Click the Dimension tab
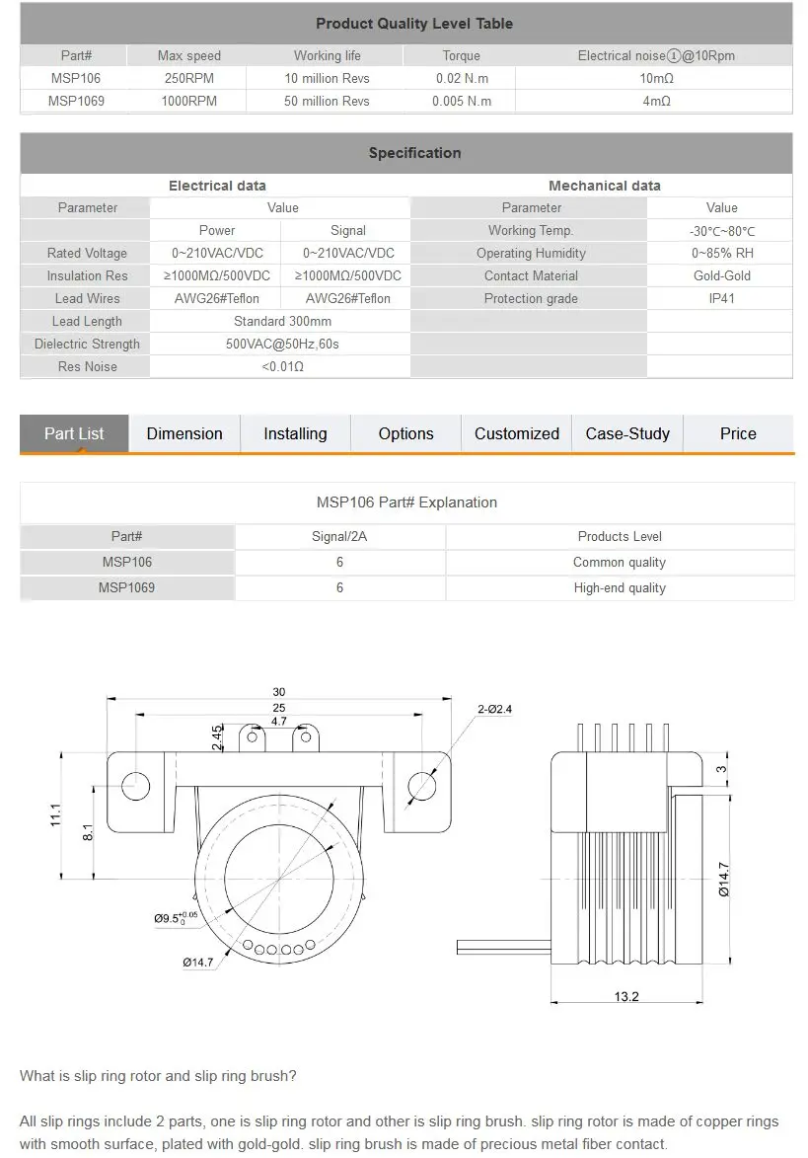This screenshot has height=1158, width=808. click(x=184, y=433)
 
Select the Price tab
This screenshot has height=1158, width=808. click(x=738, y=433)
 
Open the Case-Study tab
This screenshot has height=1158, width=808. click(x=627, y=433)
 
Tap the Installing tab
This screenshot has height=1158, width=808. click(x=295, y=433)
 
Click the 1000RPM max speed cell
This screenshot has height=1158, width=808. click(x=189, y=101)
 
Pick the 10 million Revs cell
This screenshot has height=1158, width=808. click(x=327, y=78)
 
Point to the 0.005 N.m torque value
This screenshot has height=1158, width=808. click(x=462, y=101)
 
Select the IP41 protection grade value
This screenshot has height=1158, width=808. click(x=721, y=298)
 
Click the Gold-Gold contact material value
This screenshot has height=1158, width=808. click(x=721, y=275)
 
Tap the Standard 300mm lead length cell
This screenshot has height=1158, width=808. click(x=282, y=321)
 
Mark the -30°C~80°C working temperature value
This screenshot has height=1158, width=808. click(x=721, y=231)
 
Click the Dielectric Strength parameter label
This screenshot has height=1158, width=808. click(x=87, y=344)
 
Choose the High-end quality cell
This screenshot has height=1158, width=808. click(x=620, y=587)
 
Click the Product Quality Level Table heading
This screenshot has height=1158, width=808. click(x=414, y=24)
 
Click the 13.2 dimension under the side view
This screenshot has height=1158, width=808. click(x=626, y=996)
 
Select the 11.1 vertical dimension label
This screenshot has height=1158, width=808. click(x=56, y=813)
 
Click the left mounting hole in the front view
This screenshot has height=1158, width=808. click(x=134, y=785)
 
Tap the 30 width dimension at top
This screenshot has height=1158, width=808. click(x=279, y=692)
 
